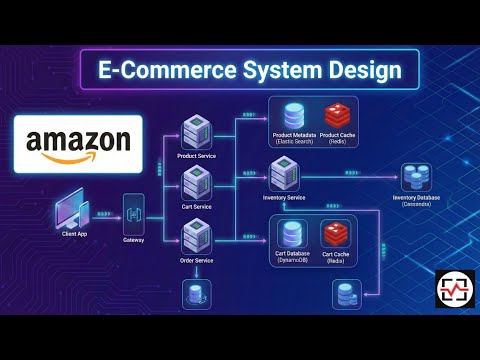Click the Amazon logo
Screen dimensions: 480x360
(78, 144)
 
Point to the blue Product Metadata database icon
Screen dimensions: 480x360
(295, 116)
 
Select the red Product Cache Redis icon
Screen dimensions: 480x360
(336, 116)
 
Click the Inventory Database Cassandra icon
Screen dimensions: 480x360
(416, 177)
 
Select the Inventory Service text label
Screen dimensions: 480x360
(284, 198)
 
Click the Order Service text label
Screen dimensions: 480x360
(195, 261)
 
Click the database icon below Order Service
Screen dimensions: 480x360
(195, 293)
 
